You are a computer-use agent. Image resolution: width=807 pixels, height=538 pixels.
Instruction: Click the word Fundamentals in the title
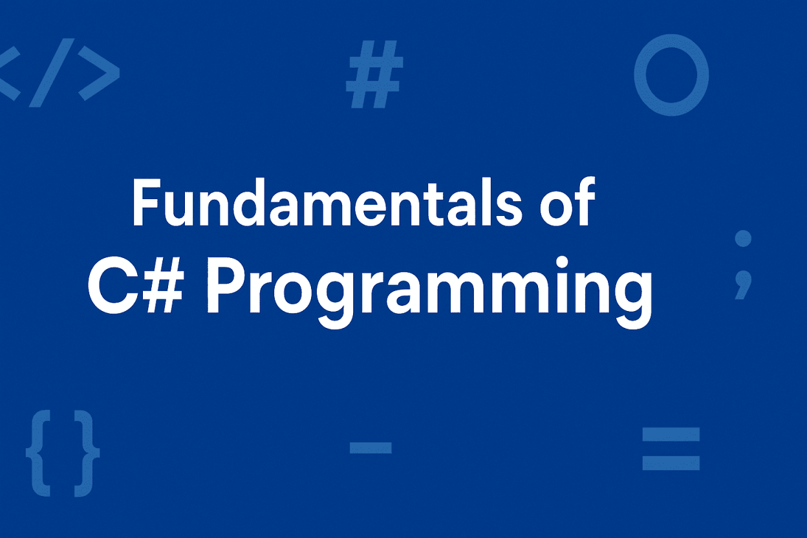[327, 202]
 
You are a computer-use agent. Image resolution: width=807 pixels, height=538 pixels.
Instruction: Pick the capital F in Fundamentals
[146, 202]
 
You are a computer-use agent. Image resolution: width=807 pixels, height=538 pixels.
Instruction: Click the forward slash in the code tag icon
[52, 72]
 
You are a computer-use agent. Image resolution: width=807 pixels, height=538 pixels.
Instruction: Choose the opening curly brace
[38, 453]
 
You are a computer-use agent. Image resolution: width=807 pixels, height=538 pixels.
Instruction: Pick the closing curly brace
[87, 453]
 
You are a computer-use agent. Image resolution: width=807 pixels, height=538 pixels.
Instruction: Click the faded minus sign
[371, 447]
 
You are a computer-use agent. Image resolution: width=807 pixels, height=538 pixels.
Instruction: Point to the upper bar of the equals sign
[671, 435]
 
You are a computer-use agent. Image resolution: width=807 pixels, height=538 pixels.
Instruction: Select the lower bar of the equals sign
[671, 463]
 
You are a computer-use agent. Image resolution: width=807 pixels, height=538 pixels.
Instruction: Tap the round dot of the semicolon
[743, 239]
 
